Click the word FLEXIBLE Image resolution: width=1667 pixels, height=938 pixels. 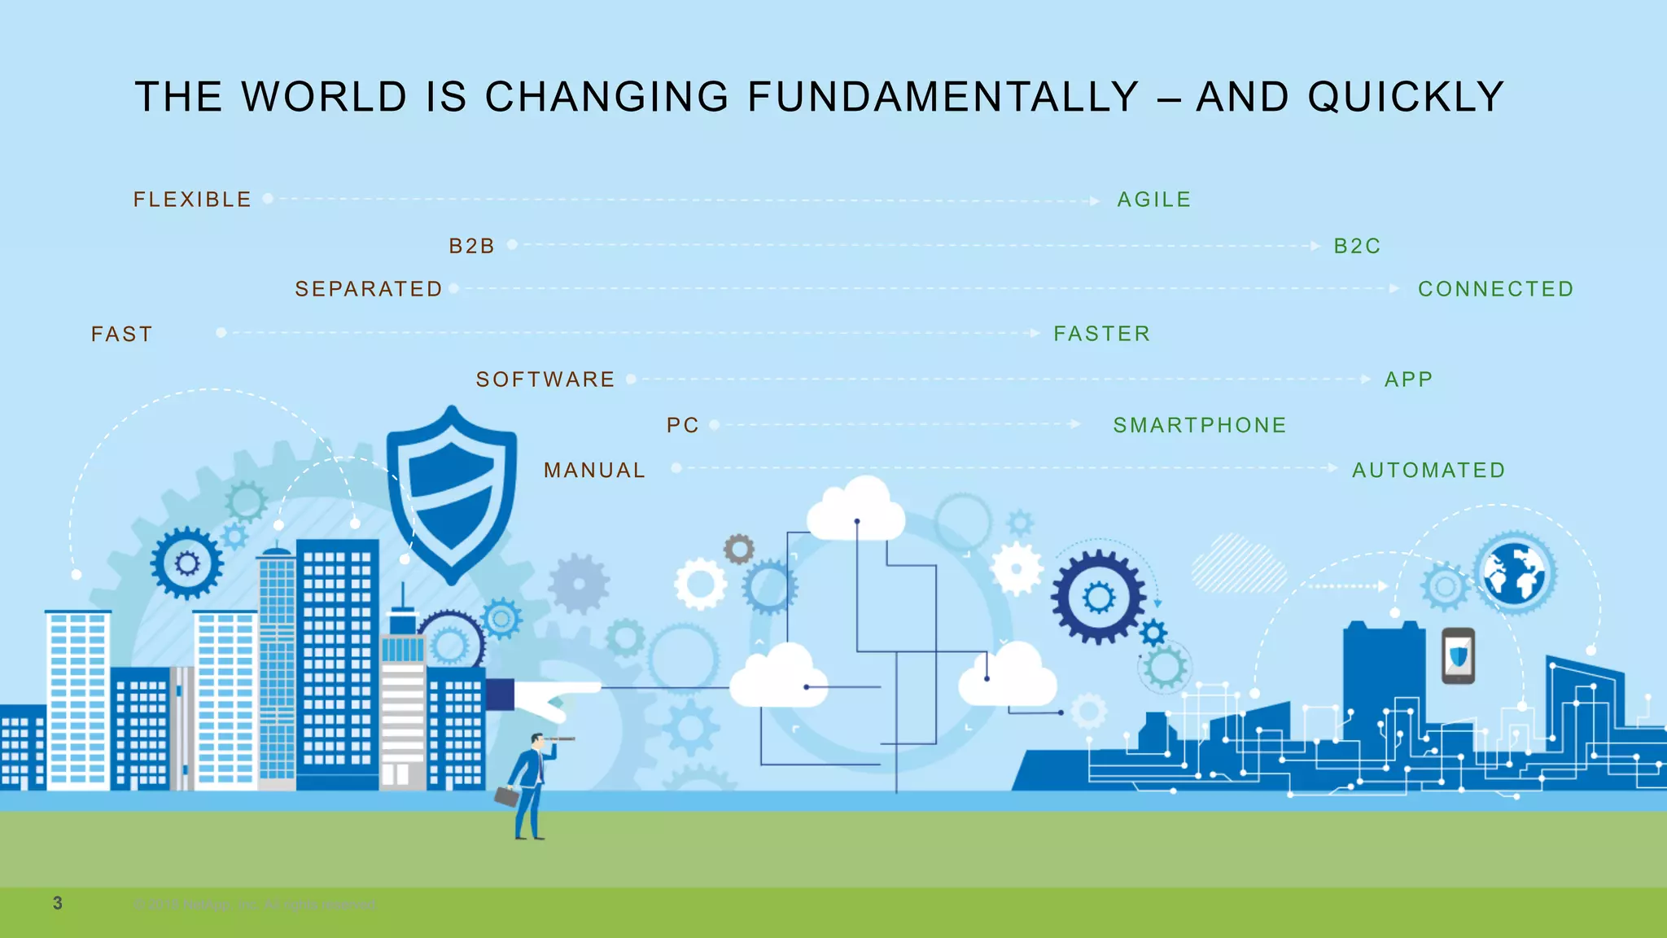192,199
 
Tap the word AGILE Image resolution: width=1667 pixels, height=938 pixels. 1153,199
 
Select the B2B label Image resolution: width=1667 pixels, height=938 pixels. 471,246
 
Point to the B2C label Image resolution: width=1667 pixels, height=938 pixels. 1357,246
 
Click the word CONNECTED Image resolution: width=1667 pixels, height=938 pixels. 1495,289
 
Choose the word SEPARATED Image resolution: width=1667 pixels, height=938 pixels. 368,289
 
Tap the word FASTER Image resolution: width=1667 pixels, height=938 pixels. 1101,334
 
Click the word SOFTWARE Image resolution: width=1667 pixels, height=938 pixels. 545,379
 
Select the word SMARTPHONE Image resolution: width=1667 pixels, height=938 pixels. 1199,425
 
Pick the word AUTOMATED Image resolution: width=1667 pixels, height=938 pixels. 1429,470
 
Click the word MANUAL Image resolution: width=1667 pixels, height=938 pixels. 594,470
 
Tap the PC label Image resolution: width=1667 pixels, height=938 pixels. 682,425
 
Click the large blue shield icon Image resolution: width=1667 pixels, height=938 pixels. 452,493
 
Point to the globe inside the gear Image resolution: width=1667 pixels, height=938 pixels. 1514,573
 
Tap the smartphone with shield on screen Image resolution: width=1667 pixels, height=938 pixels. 1458,655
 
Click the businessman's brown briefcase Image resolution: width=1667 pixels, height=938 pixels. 506,796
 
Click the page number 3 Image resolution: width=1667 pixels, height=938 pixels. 58,903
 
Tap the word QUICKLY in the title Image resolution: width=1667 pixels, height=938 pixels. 1406,97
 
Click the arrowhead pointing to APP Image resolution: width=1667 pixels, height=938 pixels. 1366,379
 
